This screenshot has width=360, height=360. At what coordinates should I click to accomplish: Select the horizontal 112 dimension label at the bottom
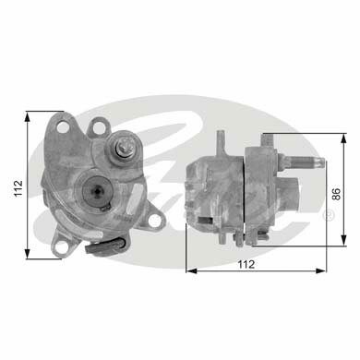[x=246, y=264]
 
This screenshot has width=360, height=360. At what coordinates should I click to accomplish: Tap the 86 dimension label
[x=337, y=194]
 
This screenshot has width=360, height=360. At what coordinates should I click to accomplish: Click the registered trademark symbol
[x=328, y=215]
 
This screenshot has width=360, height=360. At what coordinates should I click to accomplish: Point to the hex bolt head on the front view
[x=124, y=150]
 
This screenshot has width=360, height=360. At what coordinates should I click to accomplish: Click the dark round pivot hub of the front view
[x=97, y=191]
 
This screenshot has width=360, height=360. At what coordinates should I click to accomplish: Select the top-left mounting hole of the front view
[x=63, y=126]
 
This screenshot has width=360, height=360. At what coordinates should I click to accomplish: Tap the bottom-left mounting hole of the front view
[x=62, y=247]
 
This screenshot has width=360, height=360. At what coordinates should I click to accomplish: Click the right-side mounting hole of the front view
[x=154, y=221]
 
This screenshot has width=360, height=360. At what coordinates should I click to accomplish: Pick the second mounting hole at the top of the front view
[x=98, y=127]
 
